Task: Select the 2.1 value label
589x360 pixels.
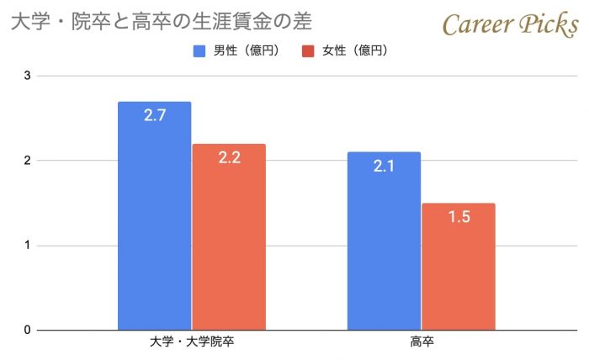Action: tap(384, 166)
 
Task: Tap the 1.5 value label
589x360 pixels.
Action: tap(458, 217)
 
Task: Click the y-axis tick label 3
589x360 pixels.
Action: tap(27, 76)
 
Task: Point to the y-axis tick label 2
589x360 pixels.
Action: tap(27, 161)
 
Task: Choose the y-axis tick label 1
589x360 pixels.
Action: tap(27, 246)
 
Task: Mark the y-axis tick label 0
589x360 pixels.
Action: tap(27, 330)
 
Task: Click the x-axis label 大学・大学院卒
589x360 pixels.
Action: tap(191, 342)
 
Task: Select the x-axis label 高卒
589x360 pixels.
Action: tap(422, 342)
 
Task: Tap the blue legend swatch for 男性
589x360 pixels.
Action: tap(199, 50)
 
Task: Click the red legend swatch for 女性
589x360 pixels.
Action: tap(307, 50)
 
